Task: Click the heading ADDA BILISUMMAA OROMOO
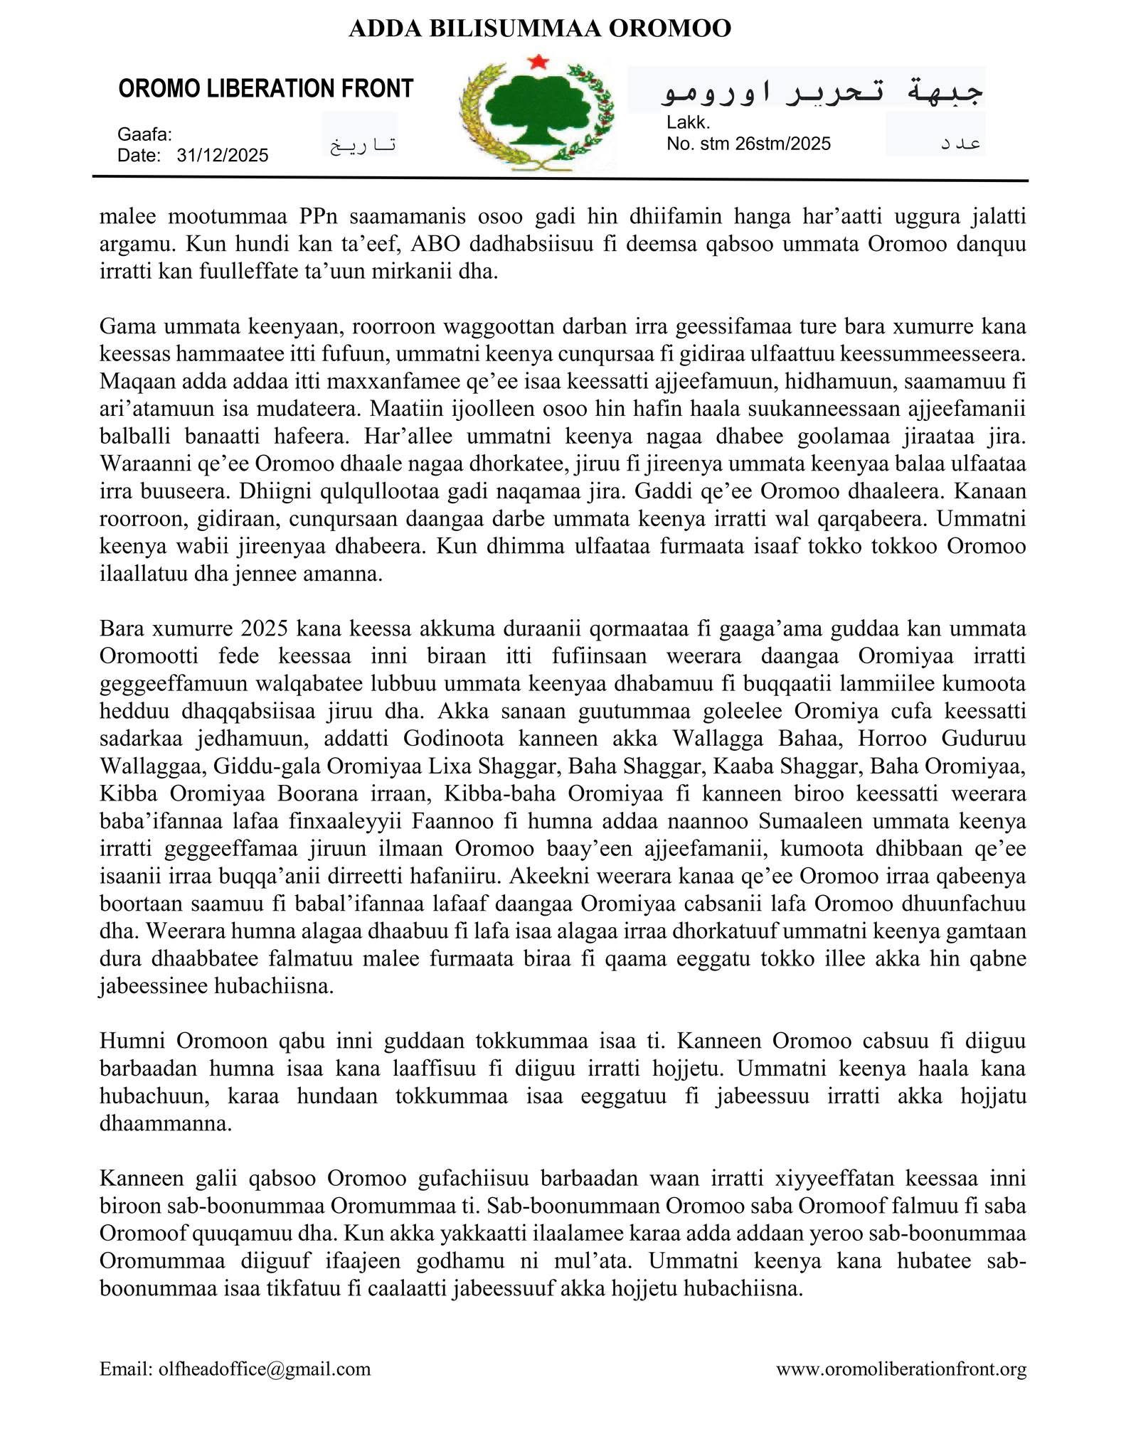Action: [540, 28]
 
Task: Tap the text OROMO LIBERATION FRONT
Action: [265, 89]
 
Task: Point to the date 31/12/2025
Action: [223, 156]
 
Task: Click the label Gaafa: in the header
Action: [144, 134]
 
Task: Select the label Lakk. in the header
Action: [689, 123]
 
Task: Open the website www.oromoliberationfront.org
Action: [901, 1369]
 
